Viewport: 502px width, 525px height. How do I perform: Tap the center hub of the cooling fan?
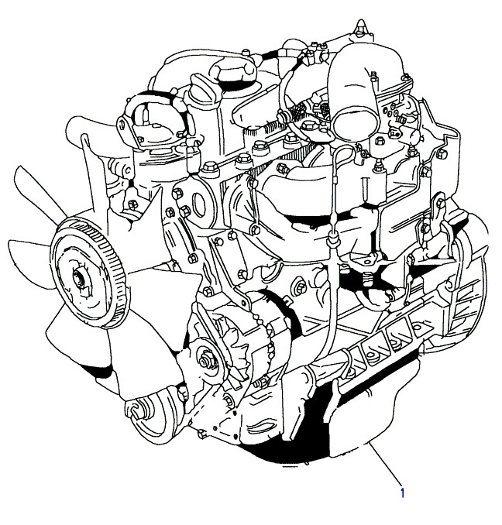(x=79, y=279)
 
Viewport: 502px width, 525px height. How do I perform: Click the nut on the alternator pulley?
(x=203, y=362)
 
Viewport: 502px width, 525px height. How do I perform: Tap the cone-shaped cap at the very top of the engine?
(x=361, y=26)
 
